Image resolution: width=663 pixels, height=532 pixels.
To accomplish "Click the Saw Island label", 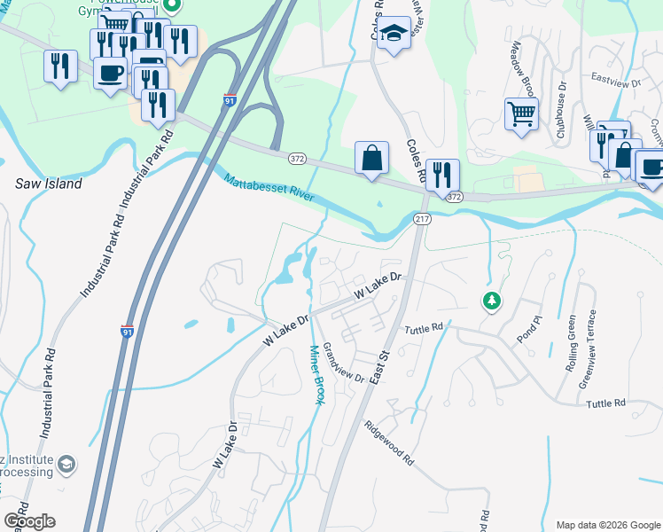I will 49,184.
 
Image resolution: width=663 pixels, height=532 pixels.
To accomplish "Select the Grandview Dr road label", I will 344,364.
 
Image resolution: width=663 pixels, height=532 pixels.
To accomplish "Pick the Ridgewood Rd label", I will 388,443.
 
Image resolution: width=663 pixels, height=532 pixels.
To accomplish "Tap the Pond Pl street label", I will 528,329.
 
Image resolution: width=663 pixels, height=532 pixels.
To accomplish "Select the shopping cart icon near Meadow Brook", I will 521,113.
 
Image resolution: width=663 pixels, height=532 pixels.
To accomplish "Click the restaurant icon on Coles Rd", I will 441,174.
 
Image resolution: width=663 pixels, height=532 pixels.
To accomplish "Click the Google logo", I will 29,520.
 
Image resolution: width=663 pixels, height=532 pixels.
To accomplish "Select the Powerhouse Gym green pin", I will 174,6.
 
